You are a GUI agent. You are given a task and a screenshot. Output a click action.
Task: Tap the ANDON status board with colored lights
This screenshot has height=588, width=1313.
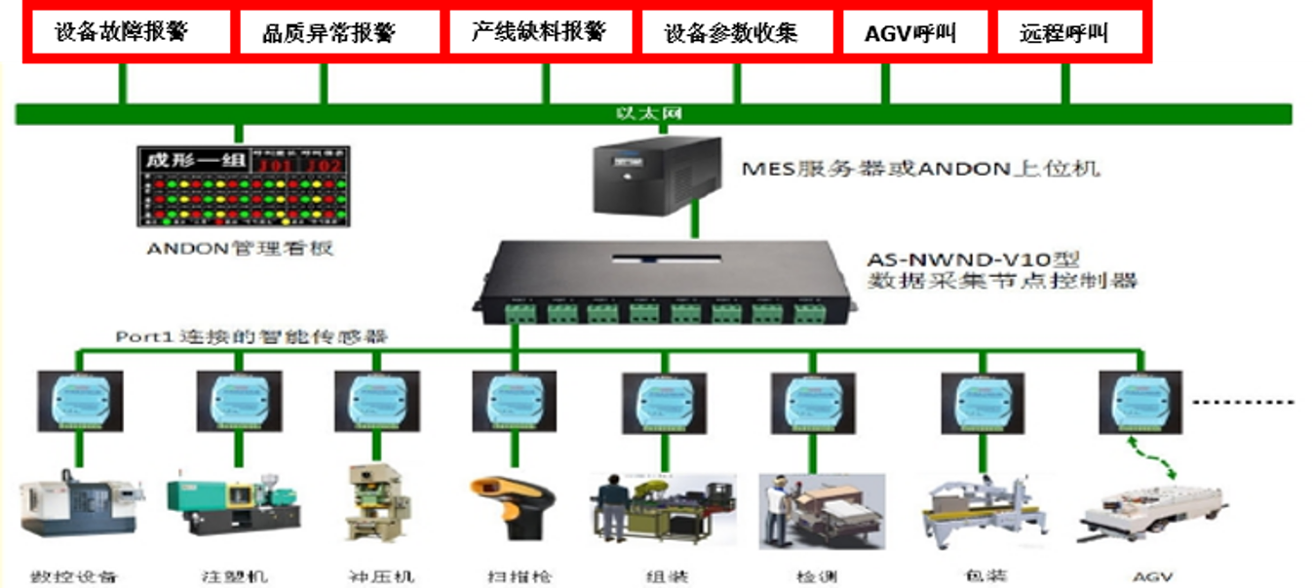point(244,189)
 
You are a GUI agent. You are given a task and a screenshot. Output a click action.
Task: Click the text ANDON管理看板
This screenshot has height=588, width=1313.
point(241,249)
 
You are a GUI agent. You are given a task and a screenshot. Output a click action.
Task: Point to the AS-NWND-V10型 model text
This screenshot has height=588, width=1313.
point(975,261)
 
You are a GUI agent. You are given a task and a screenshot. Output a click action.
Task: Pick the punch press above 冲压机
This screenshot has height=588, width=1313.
point(375,501)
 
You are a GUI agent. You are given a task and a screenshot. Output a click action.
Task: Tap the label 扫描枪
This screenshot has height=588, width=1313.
point(519,576)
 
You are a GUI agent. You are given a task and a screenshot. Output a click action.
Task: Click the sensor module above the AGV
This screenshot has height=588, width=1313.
point(1139,401)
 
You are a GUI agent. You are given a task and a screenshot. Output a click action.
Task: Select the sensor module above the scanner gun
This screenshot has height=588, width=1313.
point(514,401)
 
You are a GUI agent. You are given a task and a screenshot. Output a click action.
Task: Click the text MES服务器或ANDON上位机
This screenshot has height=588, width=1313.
point(920,169)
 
